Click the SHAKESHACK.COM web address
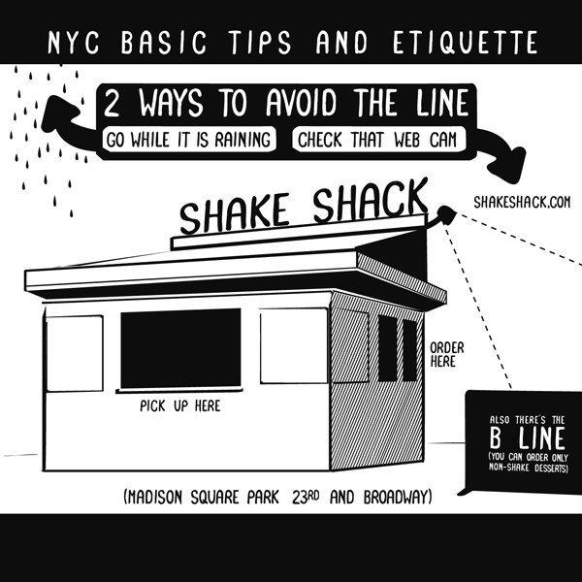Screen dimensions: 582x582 coord(521,202)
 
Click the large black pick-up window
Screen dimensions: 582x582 coord(180,348)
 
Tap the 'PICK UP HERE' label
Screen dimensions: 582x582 coord(179,405)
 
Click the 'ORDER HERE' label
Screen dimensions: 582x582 coord(447,353)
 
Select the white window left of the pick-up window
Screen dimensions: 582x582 coord(74,353)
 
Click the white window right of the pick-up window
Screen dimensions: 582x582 coord(293,345)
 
